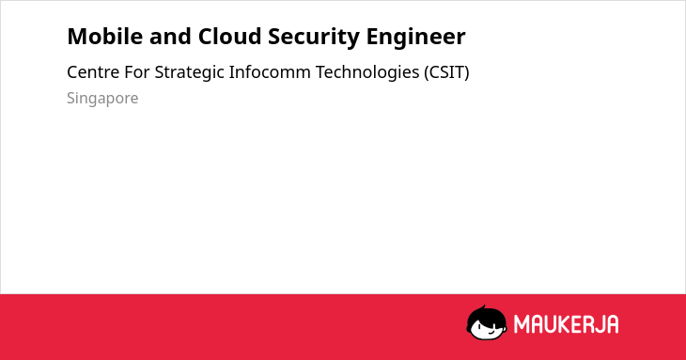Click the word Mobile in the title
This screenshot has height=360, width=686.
[x=105, y=37]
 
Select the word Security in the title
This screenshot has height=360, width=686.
[x=314, y=38]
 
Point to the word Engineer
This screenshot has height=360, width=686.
[x=415, y=38]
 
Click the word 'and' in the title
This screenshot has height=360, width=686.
[x=170, y=37]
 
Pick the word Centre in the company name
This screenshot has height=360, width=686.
[x=93, y=72]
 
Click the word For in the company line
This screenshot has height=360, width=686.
[x=137, y=72]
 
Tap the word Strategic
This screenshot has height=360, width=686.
[x=190, y=73]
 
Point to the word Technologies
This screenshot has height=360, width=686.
[x=367, y=73]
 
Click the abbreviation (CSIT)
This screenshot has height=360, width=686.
[x=446, y=72]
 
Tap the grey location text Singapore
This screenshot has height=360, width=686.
[x=102, y=99]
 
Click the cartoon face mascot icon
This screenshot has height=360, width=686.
[x=487, y=322]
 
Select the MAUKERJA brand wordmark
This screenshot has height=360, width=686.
[x=566, y=324]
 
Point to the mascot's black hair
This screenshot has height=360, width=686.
[x=486, y=314]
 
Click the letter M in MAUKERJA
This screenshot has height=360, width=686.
[x=522, y=324]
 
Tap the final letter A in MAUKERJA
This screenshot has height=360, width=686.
[x=612, y=324]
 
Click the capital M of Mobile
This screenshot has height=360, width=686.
[x=77, y=37]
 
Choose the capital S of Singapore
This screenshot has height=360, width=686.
[x=71, y=99]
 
